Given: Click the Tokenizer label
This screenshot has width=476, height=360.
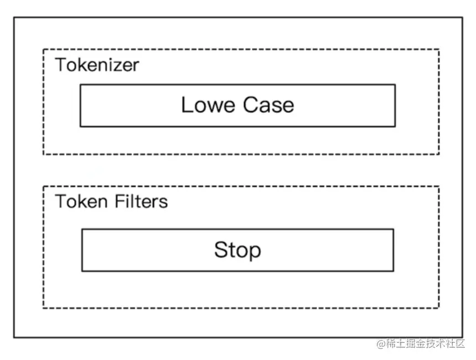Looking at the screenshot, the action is [x=97, y=65].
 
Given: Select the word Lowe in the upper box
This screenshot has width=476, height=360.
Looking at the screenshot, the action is [x=208, y=105].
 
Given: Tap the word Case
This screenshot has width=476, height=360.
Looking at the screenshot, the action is [x=268, y=105].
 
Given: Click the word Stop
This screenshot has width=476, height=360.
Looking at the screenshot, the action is [x=237, y=250].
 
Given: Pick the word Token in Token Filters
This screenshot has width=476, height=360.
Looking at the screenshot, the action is [x=81, y=201].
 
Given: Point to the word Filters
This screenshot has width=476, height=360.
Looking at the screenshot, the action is [x=141, y=201].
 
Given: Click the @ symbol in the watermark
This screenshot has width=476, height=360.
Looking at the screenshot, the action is [x=381, y=344].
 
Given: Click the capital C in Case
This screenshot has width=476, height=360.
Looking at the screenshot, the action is [x=250, y=105].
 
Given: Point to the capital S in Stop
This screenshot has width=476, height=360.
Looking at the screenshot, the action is [x=221, y=249].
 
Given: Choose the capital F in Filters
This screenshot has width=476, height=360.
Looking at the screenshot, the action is [x=120, y=201].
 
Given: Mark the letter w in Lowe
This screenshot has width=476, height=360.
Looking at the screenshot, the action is [x=214, y=107].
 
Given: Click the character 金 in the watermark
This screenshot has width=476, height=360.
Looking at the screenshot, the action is [x=420, y=343].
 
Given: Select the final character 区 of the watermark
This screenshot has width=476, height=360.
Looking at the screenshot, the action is [x=460, y=343].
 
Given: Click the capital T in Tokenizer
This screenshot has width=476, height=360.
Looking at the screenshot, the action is [x=61, y=65].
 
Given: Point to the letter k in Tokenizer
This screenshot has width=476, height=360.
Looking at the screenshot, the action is [x=84, y=65].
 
